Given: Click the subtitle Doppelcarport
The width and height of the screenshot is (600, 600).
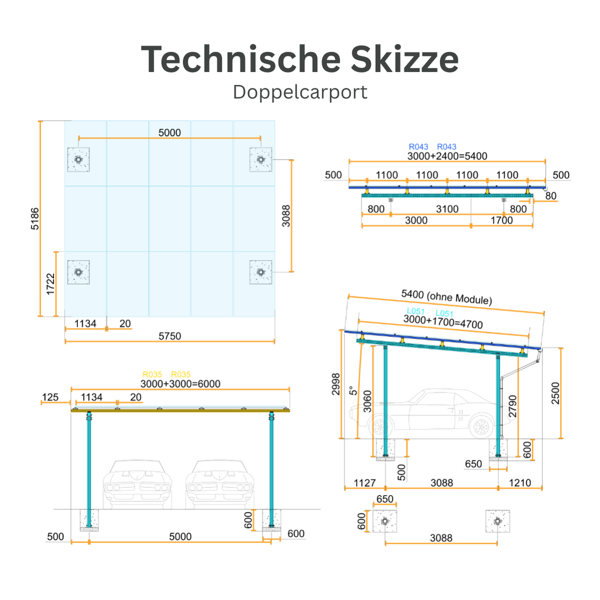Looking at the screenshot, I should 300,92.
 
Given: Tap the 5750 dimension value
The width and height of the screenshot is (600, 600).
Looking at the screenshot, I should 170,336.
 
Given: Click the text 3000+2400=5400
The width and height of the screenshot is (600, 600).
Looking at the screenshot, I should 447,156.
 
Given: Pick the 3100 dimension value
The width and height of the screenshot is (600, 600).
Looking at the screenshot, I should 447,209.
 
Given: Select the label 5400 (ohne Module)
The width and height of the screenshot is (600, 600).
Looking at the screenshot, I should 446,297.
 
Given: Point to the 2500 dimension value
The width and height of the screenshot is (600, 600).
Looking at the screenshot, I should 555,393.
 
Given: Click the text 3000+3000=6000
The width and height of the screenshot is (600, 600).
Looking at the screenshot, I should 180,383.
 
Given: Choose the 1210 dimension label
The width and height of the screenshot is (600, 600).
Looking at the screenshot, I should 520,483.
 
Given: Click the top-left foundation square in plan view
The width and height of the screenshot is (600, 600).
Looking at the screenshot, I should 78,159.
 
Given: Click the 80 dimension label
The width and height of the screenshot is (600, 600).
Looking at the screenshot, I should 550,196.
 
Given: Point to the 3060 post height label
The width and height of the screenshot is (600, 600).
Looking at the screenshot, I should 367,401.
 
